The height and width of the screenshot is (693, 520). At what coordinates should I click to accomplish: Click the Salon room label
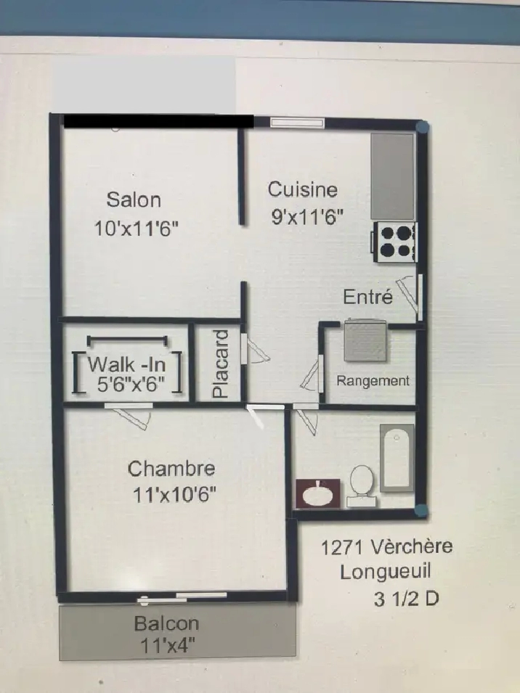(134, 200)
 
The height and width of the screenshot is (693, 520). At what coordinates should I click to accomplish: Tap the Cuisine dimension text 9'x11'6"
(307, 217)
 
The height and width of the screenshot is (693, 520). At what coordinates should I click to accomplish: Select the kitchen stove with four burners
(394, 242)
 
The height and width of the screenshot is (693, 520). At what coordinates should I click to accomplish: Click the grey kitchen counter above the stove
(392, 176)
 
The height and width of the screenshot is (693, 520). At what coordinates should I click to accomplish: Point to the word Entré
(368, 297)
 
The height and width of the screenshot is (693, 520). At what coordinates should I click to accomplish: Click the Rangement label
(373, 380)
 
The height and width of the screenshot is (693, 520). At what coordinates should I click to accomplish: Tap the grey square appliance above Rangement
(365, 340)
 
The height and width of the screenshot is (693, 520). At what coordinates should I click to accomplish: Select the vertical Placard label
(221, 364)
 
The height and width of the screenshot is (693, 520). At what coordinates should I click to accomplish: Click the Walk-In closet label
(127, 364)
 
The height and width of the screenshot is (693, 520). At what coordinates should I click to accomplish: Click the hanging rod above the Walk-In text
(127, 340)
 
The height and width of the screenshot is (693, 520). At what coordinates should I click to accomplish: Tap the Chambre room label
(171, 469)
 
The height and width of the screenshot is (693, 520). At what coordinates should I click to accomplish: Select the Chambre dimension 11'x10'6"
(174, 495)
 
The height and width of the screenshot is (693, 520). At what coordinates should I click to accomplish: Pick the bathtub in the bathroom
(397, 458)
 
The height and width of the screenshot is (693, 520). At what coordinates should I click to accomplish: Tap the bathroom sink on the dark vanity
(317, 493)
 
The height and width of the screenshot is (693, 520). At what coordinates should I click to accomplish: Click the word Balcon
(167, 623)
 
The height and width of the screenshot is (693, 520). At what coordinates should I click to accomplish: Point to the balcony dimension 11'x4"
(168, 646)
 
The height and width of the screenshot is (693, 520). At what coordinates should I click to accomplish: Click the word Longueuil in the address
(385, 572)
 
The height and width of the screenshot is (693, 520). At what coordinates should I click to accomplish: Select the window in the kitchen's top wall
(297, 123)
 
